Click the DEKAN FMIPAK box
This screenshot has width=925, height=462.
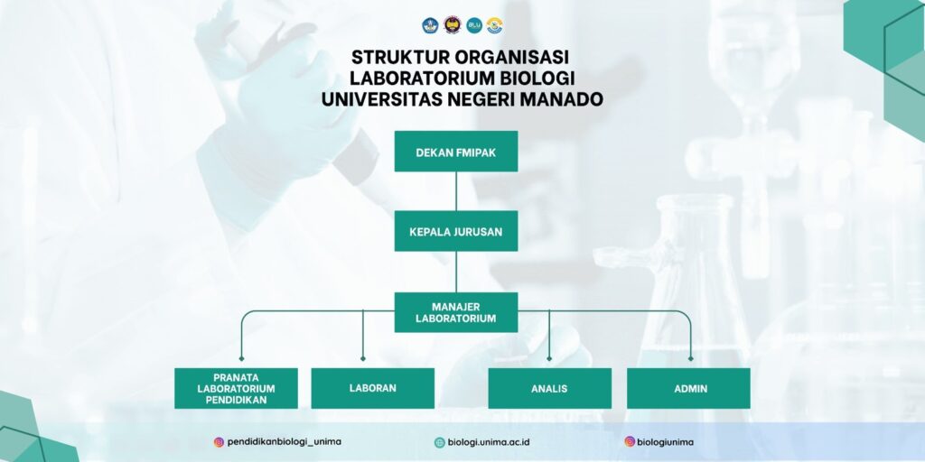pos(456,152)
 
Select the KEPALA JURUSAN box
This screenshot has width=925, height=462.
pos(456,231)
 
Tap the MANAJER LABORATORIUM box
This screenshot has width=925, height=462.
pos(456,312)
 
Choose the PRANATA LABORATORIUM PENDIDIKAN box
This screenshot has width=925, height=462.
pos(236,388)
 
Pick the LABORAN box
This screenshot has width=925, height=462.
pos(373,388)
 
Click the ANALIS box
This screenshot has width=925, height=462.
pos(550,388)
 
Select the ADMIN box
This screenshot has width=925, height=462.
pos(688,388)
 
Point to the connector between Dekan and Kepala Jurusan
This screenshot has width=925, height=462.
pos(456,191)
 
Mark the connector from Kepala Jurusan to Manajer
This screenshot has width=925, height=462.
pos(456,272)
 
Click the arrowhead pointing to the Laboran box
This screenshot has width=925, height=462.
pos(363,358)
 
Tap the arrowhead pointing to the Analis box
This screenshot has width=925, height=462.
pos(549,358)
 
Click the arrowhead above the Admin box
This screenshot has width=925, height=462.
pos(691,358)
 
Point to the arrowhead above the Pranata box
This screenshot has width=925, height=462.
pos(241,358)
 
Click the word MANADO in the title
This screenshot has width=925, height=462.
pos(562,99)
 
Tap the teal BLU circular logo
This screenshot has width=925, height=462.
pos(474,25)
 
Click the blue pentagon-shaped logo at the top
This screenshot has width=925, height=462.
pos(430,25)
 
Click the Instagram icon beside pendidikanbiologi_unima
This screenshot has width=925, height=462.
pos(219,442)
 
